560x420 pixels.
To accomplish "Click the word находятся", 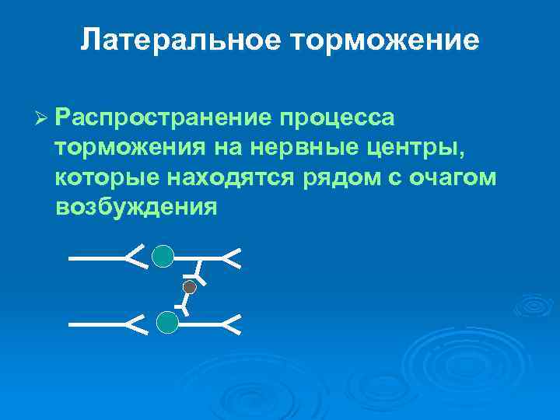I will point(229,177).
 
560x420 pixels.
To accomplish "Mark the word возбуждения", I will point(135,207).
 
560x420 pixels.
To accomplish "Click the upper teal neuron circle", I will point(163,256).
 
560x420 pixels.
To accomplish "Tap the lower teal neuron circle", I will point(167,322).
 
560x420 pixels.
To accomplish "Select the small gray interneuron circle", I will point(189,287).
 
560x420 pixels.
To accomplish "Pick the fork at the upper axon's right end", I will point(232,257).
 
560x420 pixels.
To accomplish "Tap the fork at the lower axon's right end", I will point(232,324).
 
